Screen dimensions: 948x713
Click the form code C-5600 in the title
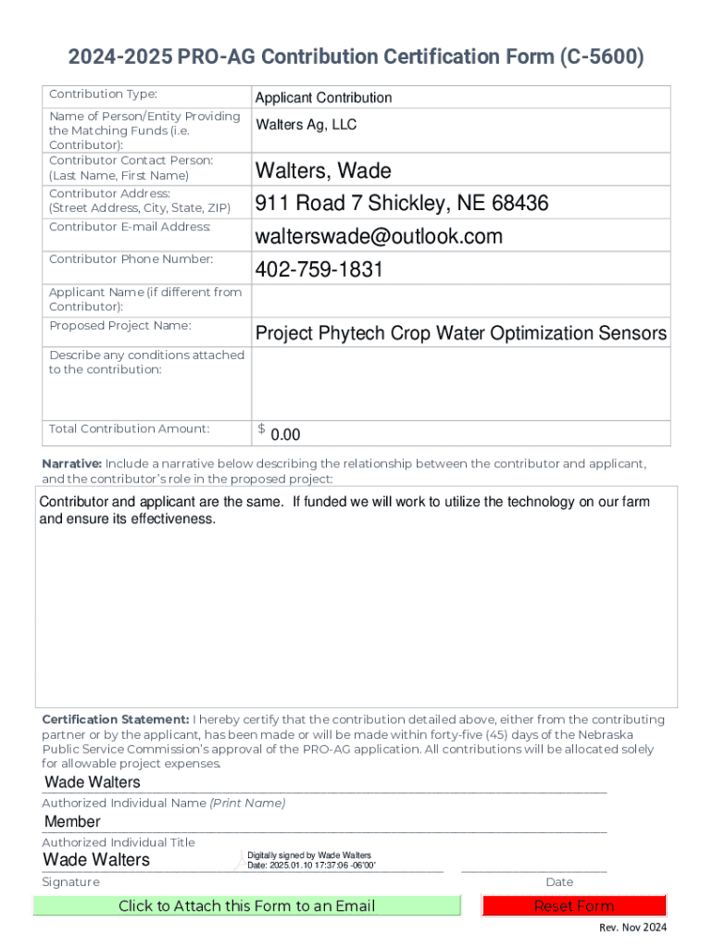coord(598,58)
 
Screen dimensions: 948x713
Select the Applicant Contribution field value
coord(323,97)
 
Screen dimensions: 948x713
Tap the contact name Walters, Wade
coord(323,170)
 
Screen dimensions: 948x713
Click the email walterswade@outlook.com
coord(379,236)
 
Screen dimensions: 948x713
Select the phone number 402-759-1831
coord(319,269)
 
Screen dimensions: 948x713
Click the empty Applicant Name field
coord(460,300)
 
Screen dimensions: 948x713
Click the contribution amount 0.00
coord(285,435)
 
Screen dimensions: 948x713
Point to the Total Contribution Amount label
coord(130,429)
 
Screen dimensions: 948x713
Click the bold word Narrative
coord(72,463)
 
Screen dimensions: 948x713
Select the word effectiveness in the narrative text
coord(168,519)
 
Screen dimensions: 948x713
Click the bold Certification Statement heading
coord(116,719)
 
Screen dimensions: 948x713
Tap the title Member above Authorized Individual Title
coord(72,822)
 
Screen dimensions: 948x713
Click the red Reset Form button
coord(574,905)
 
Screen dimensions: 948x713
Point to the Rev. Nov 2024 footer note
coord(632,928)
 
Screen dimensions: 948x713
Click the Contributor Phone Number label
coord(131,259)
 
